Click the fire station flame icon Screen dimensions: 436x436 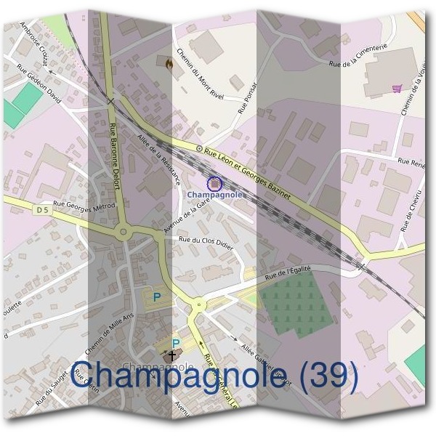click(169, 64)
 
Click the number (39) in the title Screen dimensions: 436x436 click(325, 376)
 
